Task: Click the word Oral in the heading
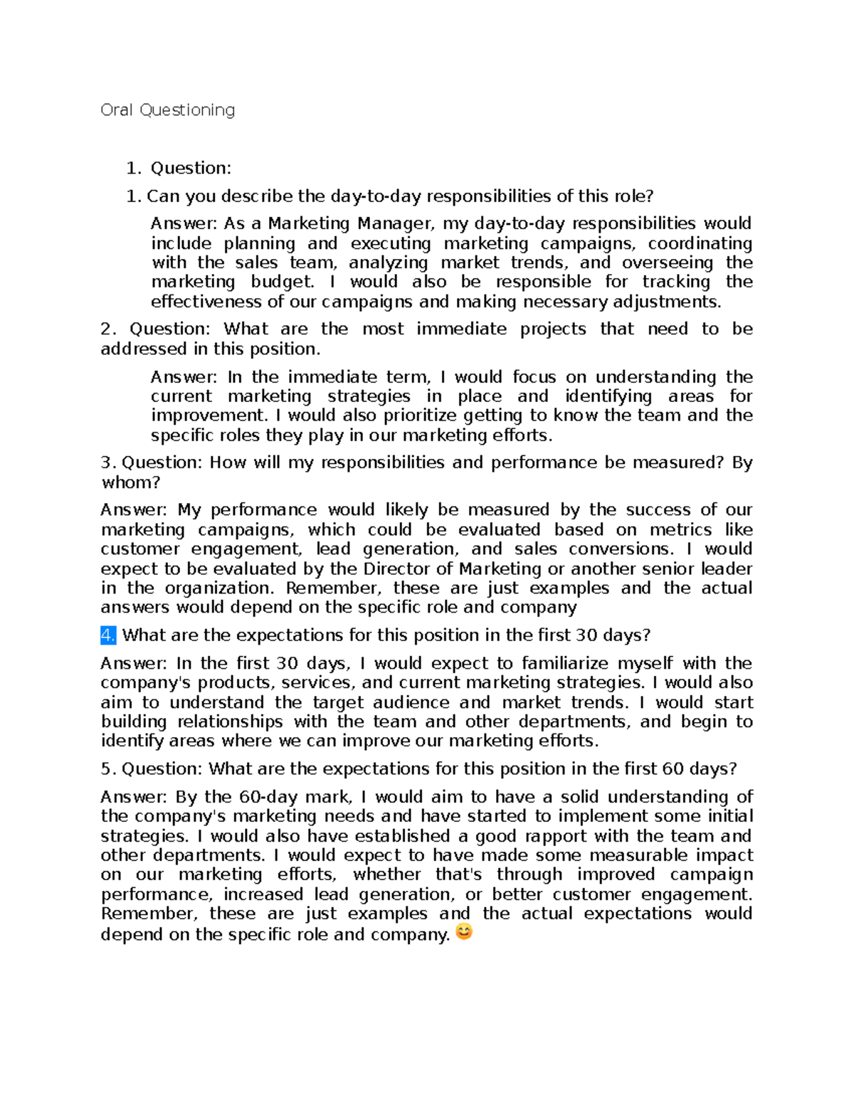point(117,110)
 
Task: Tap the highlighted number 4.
point(108,635)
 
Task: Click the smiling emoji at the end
point(463,931)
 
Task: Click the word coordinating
point(700,243)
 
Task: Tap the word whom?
point(130,482)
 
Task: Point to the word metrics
point(680,529)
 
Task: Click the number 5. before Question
point(108,768)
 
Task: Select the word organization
point(218,588)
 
